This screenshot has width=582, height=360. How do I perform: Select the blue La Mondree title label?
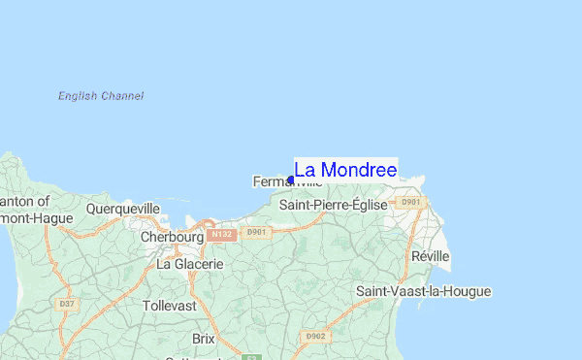click(x=345, y=170)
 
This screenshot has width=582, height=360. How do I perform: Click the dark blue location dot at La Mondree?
click(x=290, y=180)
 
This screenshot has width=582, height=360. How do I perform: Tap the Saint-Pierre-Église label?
click(x=333, y=205)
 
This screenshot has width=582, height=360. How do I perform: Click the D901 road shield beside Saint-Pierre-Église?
click(x=412, y=203)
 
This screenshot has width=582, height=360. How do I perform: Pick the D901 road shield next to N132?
click(x=256, y=233)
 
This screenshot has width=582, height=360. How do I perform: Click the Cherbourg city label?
click(x=172, y=237)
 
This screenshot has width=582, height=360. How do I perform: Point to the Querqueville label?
click(x=122, y=209)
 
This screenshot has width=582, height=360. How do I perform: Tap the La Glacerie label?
click(x=190, y=263)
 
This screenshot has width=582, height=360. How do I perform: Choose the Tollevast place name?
click(x=169, y=305)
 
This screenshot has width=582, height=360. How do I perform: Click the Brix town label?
click(x=204, y=339)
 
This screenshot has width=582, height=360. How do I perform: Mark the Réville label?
click(x=431, y=255)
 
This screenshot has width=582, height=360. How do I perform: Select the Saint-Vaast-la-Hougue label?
click(x=423, y=291)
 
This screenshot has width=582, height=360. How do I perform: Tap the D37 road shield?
click(x=66, y=304)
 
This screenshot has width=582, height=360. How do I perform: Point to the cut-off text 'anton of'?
click(x=25, y=201)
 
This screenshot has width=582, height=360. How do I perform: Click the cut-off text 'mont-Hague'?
click(x=37, y=218)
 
